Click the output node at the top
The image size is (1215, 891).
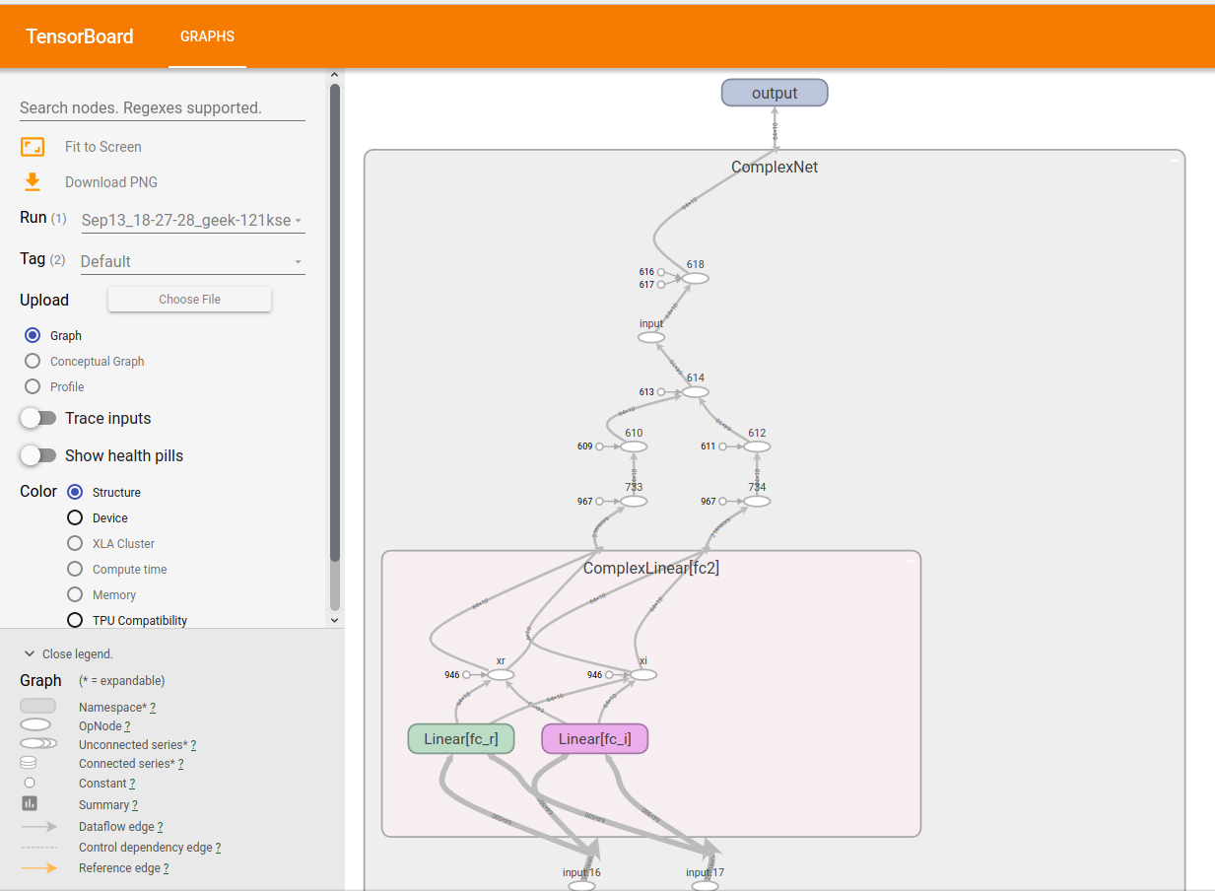coord(775,93)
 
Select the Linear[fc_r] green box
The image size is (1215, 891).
coord(461,739)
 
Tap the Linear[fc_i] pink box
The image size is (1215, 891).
coord(594,739)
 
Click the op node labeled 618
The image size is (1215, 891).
coord(696,278)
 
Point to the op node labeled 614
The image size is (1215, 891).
coord(696,391)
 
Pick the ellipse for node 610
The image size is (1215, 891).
coord(634,446)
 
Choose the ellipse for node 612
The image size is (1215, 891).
coord(757,446)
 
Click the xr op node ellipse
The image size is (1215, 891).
coord(501,675)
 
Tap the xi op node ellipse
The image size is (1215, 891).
coord(643,675)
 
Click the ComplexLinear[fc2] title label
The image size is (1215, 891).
coord(651,568)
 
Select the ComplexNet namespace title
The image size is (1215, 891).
coord(775,167)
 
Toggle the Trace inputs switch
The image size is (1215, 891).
coord(38,418)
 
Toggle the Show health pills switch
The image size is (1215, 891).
coord(38,455)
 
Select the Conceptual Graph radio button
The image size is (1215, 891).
coord(33,361)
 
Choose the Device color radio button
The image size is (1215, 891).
coord(75,517)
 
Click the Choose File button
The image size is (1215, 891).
coord(189,299)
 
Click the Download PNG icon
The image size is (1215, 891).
coord(33,181)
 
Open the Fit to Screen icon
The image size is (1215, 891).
coord(33,147)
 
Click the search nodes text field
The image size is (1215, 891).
coord(163,107)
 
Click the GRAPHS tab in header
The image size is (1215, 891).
coord(207,36)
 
